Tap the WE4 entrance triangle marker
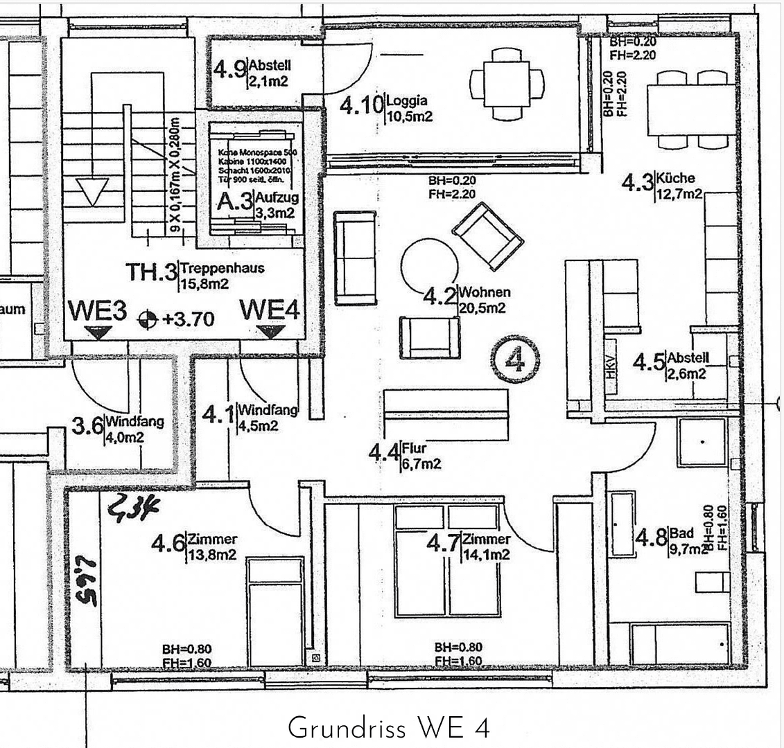click(x=270, y=332)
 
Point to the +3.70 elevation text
click(x=179, y=319)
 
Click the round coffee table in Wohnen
click(x=430, y=265)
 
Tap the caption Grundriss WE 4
click(x=388, y=729)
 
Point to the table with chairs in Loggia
click(x=507, y=84)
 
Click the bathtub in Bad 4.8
click(x=622, y=524)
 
